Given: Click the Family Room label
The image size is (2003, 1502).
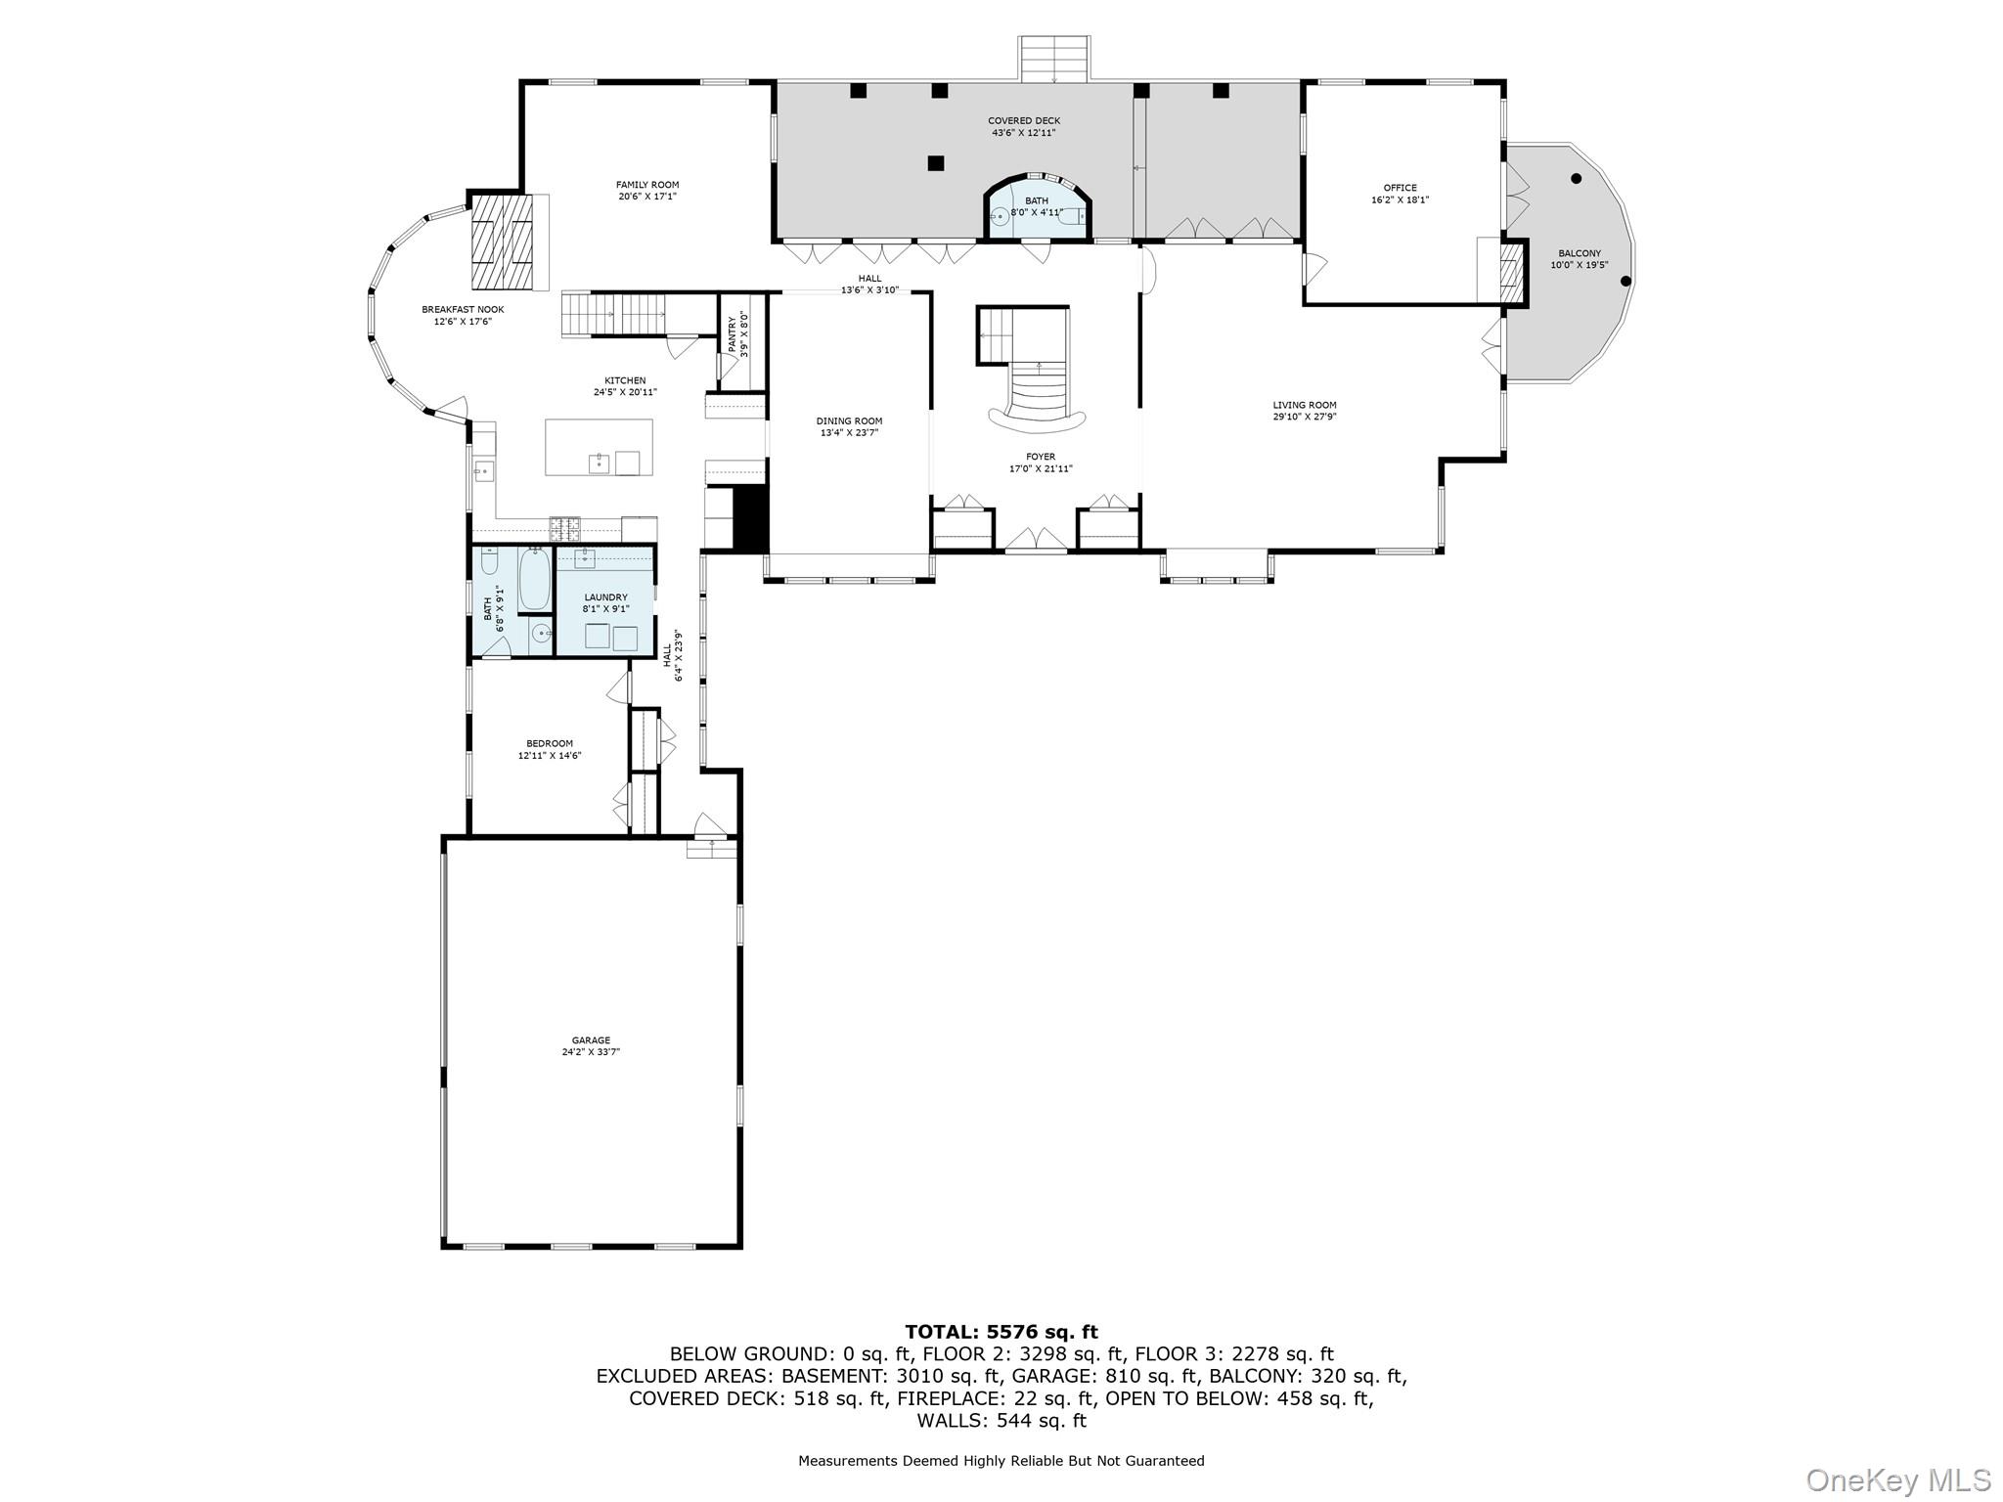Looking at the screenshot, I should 646,185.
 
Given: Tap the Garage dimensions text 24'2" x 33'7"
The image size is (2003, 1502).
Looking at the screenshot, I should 591,1053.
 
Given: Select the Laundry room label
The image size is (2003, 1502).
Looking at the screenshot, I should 605,597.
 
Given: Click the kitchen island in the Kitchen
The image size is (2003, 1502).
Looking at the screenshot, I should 599,447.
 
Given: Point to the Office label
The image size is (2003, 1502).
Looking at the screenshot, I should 1400,188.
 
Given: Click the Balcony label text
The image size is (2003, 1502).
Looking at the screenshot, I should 1580,253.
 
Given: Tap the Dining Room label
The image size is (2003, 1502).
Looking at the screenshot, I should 849,421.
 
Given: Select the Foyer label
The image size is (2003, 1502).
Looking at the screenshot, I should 1041,457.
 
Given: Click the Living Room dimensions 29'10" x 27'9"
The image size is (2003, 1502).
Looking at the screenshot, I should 1305,417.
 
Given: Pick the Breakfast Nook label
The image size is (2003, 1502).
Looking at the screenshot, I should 463,309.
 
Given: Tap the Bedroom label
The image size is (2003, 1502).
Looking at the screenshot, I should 550,743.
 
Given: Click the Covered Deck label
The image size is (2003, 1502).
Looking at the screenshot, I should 1024,121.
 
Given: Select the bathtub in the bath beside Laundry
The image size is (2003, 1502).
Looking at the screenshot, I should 534,579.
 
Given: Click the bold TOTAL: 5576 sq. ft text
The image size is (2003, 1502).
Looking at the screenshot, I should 1001,1332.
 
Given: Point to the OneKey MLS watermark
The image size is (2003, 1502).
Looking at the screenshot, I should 1897,1480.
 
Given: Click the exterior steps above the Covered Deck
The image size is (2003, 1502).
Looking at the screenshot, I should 1053,59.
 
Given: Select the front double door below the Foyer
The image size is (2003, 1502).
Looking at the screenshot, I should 1037,540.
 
